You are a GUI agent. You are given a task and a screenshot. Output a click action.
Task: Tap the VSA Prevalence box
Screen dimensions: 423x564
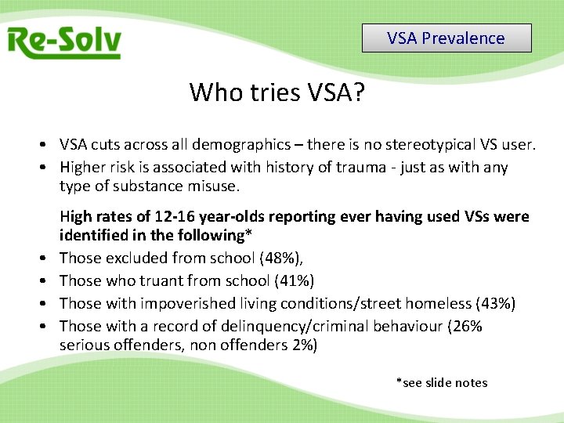pos(446,38)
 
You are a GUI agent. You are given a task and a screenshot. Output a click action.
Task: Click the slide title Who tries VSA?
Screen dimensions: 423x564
pos(277,92)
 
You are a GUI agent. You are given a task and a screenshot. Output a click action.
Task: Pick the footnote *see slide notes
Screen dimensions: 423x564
pos(442,383)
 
